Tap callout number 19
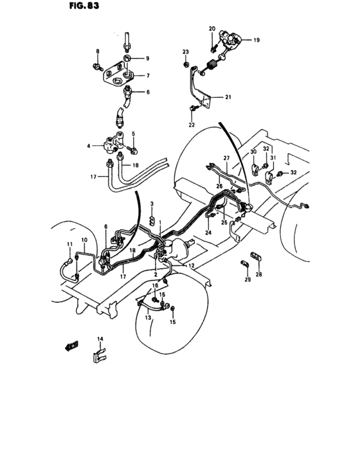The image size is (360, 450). [256, 40]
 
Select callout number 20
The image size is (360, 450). [212, 30]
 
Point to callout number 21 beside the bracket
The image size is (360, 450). [227, 97]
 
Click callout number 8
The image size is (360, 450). [98, 51]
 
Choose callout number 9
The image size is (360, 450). [146, 59]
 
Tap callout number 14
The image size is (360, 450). [100, 339]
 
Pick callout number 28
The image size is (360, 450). [259, 274]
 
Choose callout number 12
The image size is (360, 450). [192, 265]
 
